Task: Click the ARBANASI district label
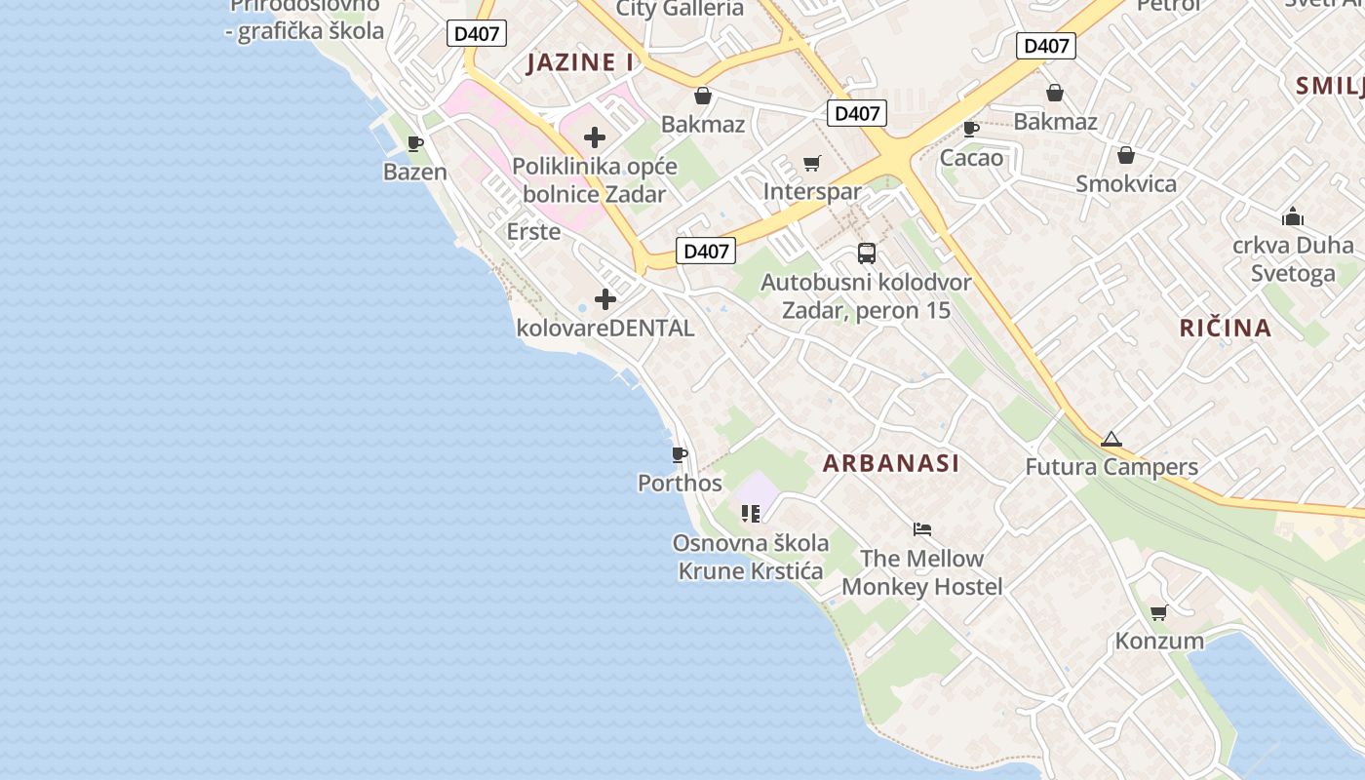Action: (x=891, y=463)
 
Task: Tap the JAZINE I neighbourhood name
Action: (x=580, y=63)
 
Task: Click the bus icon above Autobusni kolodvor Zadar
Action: (x=866, y=253)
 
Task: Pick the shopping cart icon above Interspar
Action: (x=812, y=163)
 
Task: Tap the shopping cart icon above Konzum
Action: (x=1158, y=612)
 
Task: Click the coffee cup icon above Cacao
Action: (x=971, y=129)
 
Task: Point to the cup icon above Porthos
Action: (x=680, y=454)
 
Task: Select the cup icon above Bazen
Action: (x=415, y=144)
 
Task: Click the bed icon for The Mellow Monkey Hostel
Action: (x=922, y=529)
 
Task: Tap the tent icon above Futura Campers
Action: (x=1111, y=440)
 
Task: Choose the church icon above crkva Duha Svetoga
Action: (x=1293, y=216)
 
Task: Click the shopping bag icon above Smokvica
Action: (x=1126, y=156)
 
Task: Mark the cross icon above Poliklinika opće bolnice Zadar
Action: (x=595, y=137)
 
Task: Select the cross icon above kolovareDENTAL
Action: (x=605, y=299)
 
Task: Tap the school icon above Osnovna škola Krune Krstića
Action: (x=750, y=514)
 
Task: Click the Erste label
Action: (x=533, y=232)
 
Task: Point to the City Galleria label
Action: (x=680, y=9)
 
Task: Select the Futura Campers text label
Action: (x=1111, y=467)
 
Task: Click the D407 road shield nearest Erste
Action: (x=706, y=251)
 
